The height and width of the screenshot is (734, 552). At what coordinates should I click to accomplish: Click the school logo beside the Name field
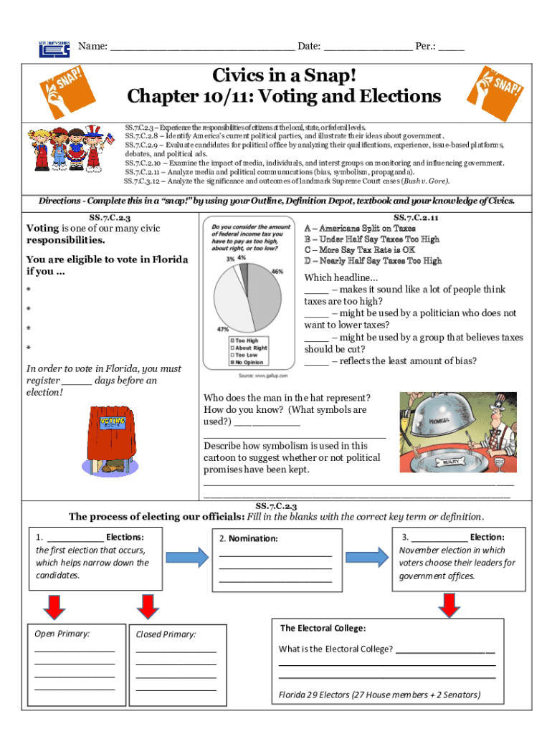(x=54, y=48)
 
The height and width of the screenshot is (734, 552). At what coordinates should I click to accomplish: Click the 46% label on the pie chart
(x=277, y=272)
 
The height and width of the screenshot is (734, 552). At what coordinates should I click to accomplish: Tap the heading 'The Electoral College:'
(x=323, y=629)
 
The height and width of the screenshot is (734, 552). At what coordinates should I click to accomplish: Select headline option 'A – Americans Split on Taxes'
(x=360, y=229)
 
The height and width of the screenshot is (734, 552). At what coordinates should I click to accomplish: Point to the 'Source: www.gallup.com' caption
(x=262, y=375)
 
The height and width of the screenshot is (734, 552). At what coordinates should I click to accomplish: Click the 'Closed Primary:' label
(x=166, y=634)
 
